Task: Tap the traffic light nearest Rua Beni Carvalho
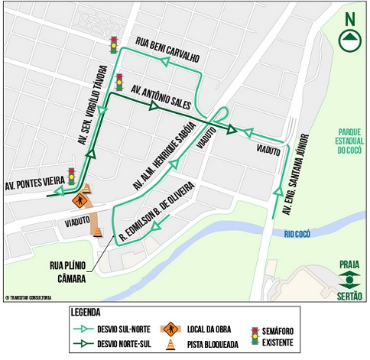pos(113,44)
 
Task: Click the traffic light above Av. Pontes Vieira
pos(71,175)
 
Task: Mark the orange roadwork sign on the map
pos(78,200)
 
